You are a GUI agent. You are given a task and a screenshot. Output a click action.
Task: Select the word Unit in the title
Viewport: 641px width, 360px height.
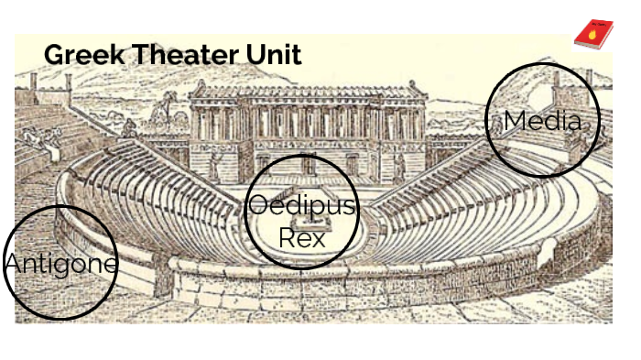coord(272,55)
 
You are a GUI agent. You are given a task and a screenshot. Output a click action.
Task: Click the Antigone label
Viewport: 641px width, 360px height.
coord(60,265)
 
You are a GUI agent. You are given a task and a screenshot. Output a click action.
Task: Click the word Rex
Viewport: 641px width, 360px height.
coord(301,237)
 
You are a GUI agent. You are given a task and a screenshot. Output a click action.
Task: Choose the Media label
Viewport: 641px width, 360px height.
coord(542,120)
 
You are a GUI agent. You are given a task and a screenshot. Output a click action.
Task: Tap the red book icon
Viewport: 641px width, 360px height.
coord(592,34)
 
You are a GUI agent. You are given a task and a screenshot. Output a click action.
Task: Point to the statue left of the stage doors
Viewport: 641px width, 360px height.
coord(213,165)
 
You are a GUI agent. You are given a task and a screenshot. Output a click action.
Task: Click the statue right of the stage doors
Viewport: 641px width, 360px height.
coord(399,165)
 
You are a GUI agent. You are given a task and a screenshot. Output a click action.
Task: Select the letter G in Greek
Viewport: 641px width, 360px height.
coord(53,55)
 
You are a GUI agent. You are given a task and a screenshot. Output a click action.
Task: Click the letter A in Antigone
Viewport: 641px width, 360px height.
coord(12,265)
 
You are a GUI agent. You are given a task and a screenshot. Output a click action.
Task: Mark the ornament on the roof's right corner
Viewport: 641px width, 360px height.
coord(423,84)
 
